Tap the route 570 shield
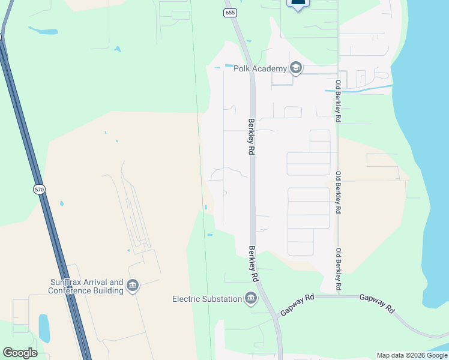click(x=39, y=190)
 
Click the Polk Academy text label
click(x=258, y=68)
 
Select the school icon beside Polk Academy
click(x=295, y=68)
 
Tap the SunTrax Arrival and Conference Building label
click(x=86, y=286)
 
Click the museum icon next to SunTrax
click(x=133, y=286)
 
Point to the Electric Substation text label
click(x=207, y=299)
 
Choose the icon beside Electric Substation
click(x=251, y=298)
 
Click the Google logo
click(x=20, y=353)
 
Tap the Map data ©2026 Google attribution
click(x=412, y=355)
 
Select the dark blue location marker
click(x=298, y=4)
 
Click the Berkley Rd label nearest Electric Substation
click(x=254, y=264)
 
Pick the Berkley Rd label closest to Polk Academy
click(x=250, y=136)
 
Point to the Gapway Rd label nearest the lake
click(x=377, y=303)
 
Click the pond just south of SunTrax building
click(x=44, y=328)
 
